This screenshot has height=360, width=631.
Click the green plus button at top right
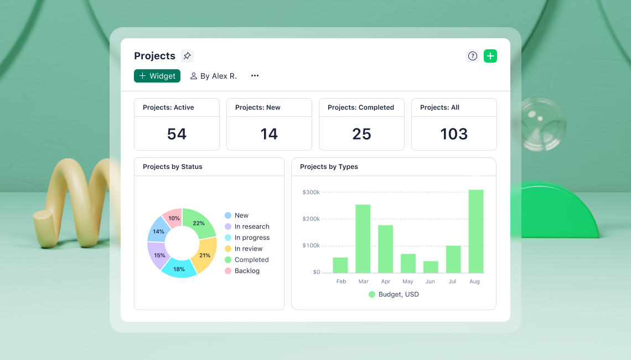(x=490, y=56)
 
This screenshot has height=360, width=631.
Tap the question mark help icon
(x=472, y=56)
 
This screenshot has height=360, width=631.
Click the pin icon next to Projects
(x=187, y=56)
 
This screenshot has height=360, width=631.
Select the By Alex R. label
(x=213, y=76)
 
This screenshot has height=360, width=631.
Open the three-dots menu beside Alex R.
(x=255, y=76)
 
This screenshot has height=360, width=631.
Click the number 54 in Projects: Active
(x=177, y=134)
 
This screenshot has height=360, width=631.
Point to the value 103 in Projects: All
(x=454, y=134)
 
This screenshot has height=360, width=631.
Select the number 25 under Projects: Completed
(x=361, y=134)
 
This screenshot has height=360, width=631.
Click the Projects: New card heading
(x=258, y=107)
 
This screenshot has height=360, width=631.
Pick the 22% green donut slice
(x=199, y=223)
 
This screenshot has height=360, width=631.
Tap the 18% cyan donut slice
(x=179, y=269)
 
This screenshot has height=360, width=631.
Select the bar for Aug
(x=476, y=232)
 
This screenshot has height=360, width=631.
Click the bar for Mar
(x=363, y=239)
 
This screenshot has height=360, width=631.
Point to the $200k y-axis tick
(x=311, y=219)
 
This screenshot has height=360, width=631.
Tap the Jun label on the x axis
(x=430, y=281)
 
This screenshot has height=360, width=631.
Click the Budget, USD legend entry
(x=394, y=295)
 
